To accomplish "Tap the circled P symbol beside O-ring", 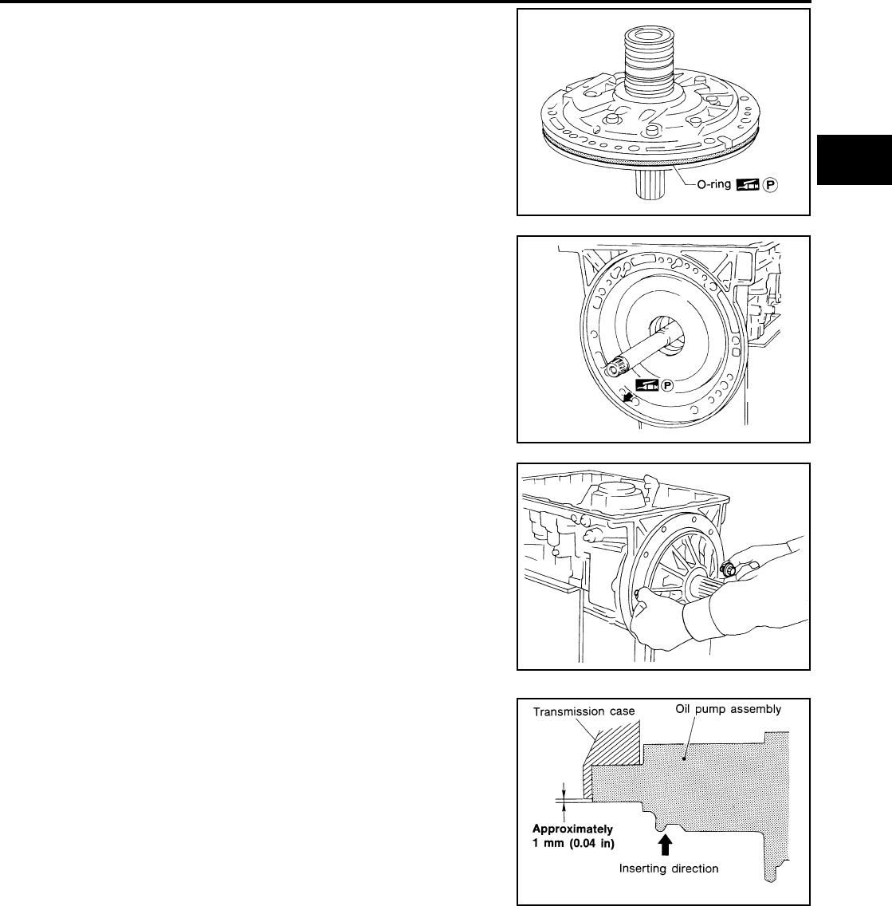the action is point(770,184).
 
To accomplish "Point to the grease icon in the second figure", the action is point(644,384).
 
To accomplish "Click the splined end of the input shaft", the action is point(615,369).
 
